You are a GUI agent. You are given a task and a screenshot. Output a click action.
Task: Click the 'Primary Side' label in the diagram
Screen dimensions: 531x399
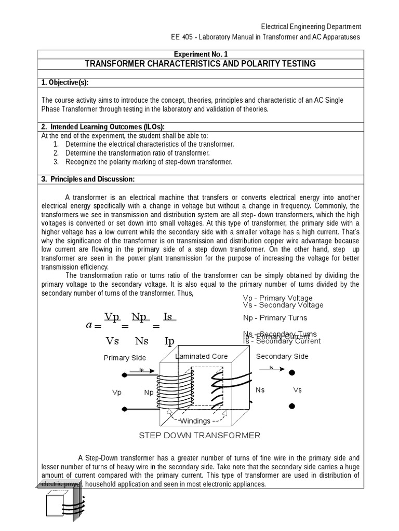(125, 358)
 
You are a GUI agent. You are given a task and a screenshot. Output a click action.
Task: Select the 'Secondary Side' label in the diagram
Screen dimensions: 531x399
(282, 356)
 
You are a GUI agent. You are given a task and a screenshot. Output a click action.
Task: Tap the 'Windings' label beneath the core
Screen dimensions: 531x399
(195, 421)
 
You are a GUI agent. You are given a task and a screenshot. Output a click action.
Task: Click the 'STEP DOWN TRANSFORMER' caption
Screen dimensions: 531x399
(199, 436)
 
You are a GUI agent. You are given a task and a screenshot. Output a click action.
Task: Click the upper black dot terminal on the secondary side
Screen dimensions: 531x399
(292, 372)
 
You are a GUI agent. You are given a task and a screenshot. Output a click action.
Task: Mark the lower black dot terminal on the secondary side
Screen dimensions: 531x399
(292, 405)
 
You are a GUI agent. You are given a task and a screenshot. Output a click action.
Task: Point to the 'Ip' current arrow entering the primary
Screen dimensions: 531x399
(141, 372)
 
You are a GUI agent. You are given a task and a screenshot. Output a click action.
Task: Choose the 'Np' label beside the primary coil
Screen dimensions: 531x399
(149, 393)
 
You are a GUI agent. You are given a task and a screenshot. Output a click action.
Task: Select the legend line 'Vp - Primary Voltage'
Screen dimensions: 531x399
(277, 298)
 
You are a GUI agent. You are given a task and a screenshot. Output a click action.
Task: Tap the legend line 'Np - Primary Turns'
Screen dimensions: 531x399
(275, 318)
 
